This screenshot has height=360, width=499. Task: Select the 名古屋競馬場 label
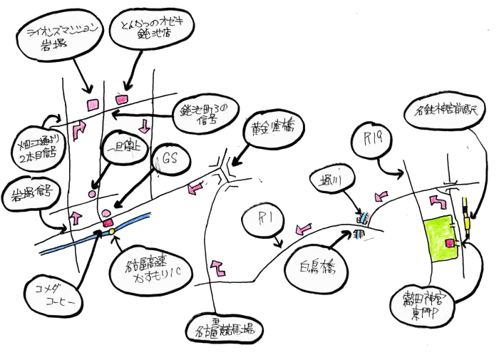(225, 331)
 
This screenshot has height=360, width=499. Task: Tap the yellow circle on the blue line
(112, 231)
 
